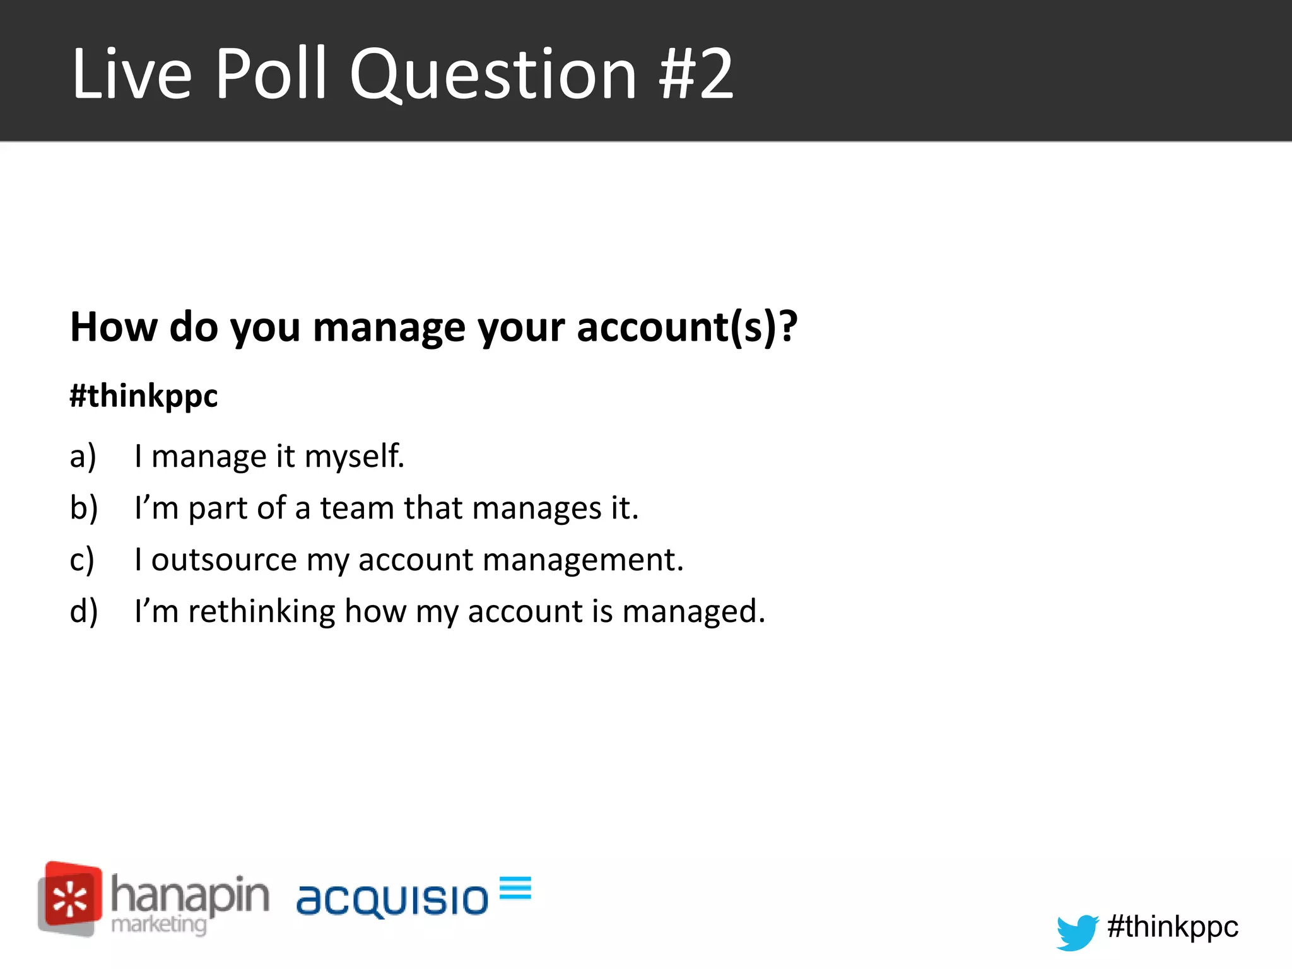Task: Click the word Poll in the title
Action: [271, 74]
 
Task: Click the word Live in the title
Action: [131, 74]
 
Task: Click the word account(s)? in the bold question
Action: [687, 327]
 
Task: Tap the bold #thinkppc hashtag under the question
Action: [144, 396]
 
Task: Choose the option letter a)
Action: [83, 456]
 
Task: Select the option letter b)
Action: [83, 508]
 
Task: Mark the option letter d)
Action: [83, 611]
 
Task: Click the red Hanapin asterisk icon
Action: [70, 898]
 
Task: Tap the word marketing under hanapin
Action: [158, 925]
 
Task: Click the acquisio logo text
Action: [392, 899]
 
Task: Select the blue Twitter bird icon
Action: [1077, 931]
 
